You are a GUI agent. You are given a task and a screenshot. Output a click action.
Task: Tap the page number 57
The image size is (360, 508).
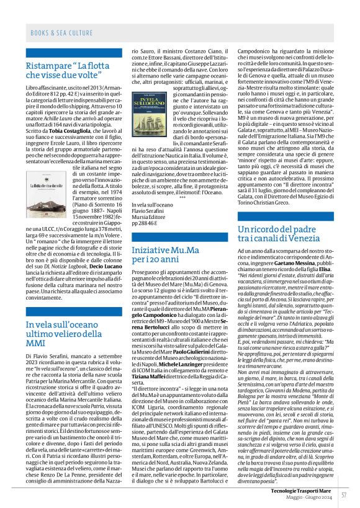pos(343,495)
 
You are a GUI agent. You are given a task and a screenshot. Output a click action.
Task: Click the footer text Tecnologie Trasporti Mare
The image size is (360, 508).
pos(298,490)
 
